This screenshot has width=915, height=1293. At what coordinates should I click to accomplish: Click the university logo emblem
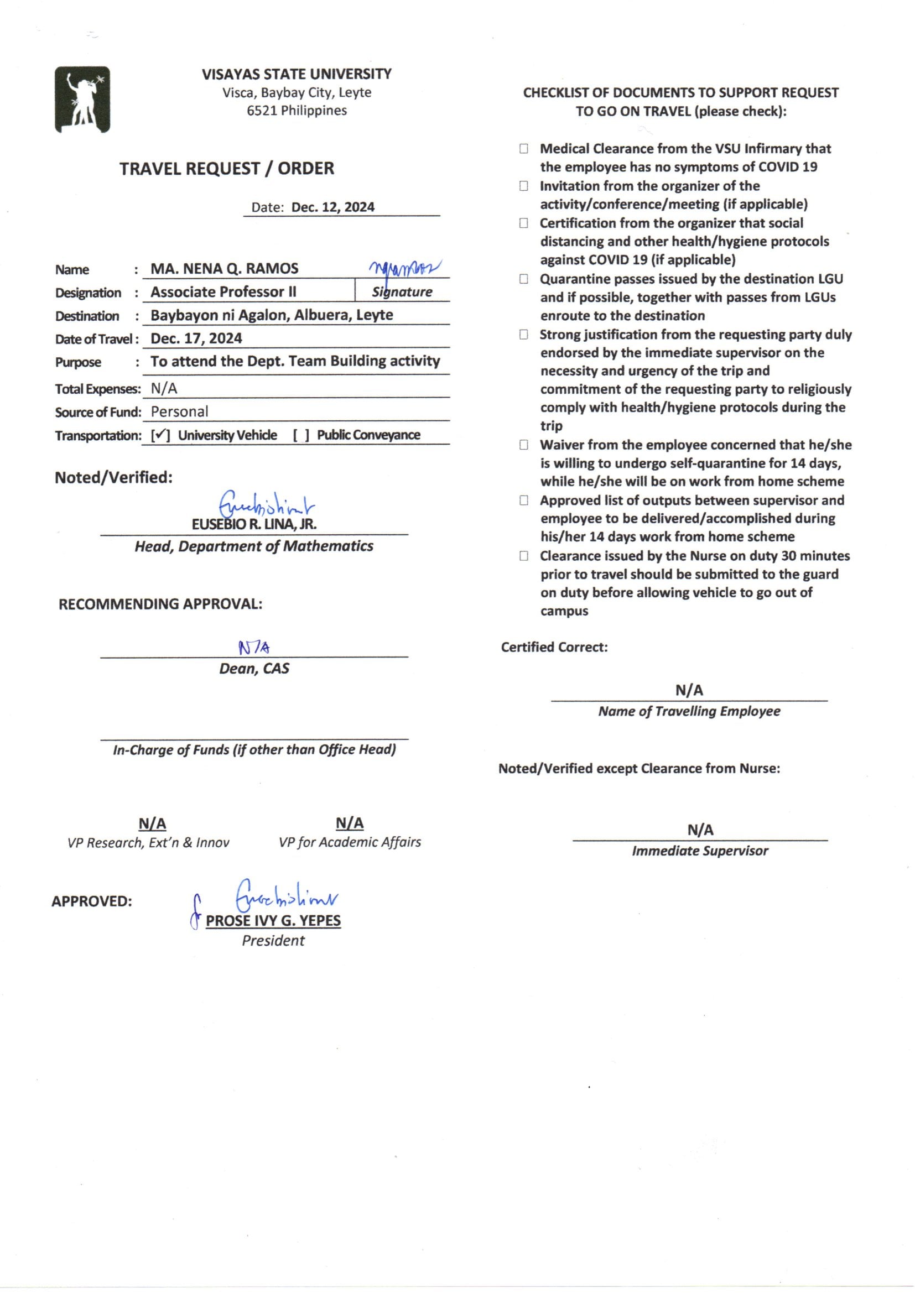point(82,100)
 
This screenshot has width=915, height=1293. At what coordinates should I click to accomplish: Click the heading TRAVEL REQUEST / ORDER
point(226,168)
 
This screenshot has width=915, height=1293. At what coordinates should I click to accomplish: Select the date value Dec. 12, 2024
point(332,207)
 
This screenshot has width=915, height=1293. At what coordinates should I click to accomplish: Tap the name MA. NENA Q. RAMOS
point(224,269)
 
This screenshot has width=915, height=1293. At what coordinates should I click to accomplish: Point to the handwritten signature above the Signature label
point(404,268)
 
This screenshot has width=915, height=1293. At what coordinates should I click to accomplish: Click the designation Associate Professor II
point(223,291)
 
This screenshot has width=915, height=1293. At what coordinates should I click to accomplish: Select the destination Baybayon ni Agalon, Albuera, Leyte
point(272,315)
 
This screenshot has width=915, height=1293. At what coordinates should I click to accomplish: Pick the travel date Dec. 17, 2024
point(196,338)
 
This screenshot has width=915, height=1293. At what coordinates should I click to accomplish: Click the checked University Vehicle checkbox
point(160,435)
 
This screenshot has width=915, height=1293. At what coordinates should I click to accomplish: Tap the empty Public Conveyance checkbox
point(301,435)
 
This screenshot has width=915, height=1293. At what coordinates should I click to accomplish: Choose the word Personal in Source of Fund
point(179,411)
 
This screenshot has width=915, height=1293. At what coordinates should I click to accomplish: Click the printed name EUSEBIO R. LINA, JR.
point(254,524)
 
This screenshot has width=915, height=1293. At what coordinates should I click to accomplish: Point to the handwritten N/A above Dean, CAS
point(254,648)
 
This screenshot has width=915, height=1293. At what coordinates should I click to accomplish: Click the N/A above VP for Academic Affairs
point(349,823)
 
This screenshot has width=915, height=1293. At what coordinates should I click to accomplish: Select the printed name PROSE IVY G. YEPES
point(273,921)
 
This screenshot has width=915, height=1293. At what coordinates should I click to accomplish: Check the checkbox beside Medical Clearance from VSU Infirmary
point(524,149)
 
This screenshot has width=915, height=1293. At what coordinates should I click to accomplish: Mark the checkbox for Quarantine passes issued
point(524,279)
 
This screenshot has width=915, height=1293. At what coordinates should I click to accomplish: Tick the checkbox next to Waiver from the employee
point(524,445)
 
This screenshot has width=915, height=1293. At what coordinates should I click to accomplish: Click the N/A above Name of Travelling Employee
point(689,690)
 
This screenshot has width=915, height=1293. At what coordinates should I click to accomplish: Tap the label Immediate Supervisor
point(700,851)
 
